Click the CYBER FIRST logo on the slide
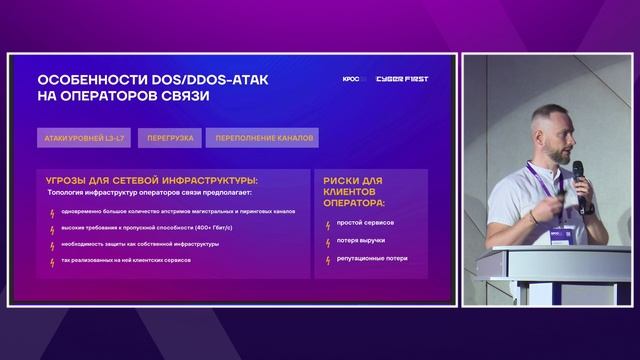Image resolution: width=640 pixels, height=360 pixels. coord(402,79)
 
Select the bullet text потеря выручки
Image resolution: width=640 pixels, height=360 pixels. coord(361,241)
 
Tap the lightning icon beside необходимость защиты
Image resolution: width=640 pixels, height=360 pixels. coord(52,244)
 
